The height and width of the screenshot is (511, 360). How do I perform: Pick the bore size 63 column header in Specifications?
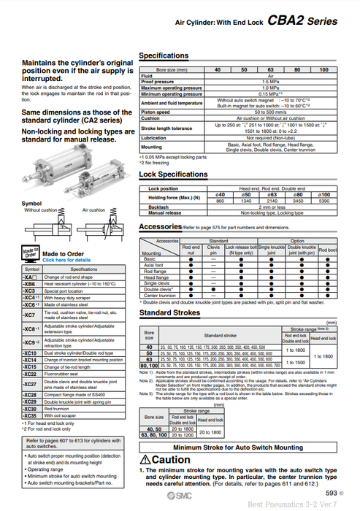pos(272,69)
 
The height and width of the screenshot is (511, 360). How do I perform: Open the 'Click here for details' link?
pos(66,259)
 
